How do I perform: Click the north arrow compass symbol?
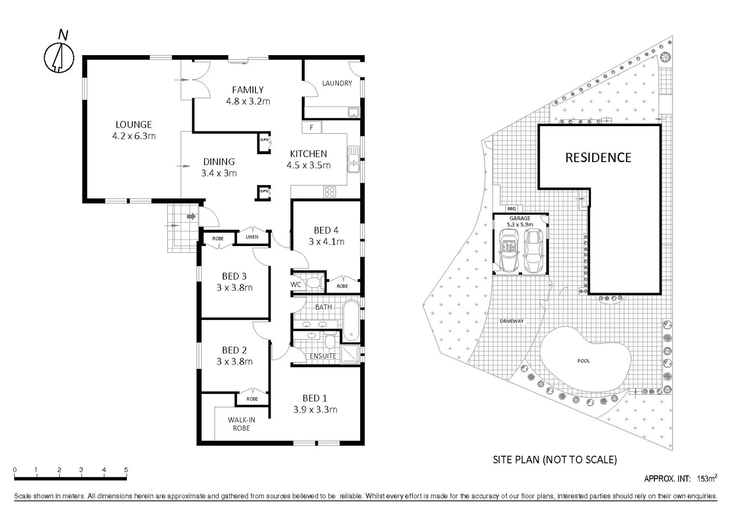59,58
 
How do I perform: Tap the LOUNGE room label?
134,125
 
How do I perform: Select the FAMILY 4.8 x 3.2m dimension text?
248,101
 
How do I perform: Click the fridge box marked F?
311,128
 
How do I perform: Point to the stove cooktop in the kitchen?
330,192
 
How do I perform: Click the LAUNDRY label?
337,83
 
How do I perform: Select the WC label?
296,284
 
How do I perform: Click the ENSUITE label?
323,356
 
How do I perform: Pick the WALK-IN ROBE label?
241,424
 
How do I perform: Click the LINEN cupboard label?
252,237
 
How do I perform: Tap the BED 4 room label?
326,230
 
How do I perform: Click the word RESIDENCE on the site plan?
598,158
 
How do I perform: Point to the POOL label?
583,361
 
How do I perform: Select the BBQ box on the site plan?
512,209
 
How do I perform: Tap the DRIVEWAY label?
512,321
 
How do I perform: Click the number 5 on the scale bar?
126,470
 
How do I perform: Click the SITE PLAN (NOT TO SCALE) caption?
555,460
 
